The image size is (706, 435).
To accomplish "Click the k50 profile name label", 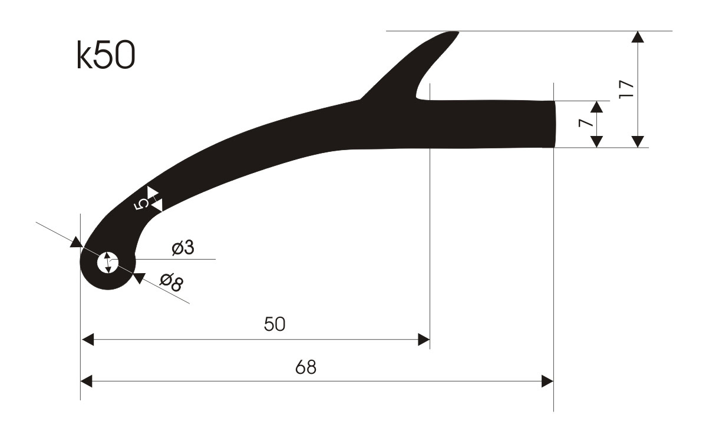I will (x=106, y=57).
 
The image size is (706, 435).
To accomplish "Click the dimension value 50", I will (x=275, y=324).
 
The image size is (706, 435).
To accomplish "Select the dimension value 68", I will (x=306, y=367).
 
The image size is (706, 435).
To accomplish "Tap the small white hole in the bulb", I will (x=108, y=262).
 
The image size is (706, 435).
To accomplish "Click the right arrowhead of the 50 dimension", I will (x=423, y=339).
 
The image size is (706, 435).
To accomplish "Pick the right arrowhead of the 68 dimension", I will (x=547, y=381).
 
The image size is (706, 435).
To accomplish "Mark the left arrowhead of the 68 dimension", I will (x=87, y=381).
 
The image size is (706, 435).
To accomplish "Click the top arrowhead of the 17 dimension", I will (x=637, y=36).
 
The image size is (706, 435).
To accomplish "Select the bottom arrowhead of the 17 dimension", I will (x=637, y=141).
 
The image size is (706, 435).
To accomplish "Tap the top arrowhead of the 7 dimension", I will (x=597, y=107).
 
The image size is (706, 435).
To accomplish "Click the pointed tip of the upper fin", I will (x=455, y=33).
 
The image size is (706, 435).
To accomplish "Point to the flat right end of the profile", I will (x=554, y=124).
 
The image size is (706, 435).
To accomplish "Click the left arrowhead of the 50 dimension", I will (x=87, y=339).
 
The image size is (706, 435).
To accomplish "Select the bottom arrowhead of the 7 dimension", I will (x=597, y=141).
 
